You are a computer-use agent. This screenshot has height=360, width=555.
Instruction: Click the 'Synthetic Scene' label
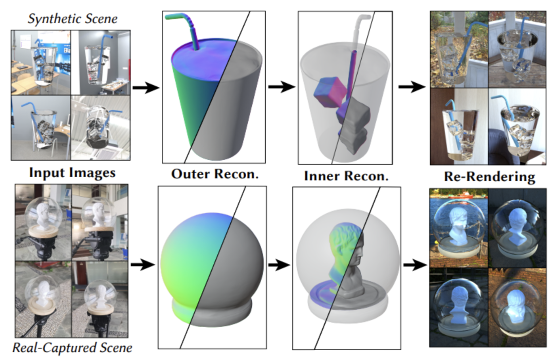click(x=72, y=19)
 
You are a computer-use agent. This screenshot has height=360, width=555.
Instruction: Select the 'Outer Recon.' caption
click(x=214, y=174)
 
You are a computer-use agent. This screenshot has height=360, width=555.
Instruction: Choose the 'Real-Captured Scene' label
click(x=72, y=348)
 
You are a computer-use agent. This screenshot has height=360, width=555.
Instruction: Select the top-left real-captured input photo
click(x=43, y=222)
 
